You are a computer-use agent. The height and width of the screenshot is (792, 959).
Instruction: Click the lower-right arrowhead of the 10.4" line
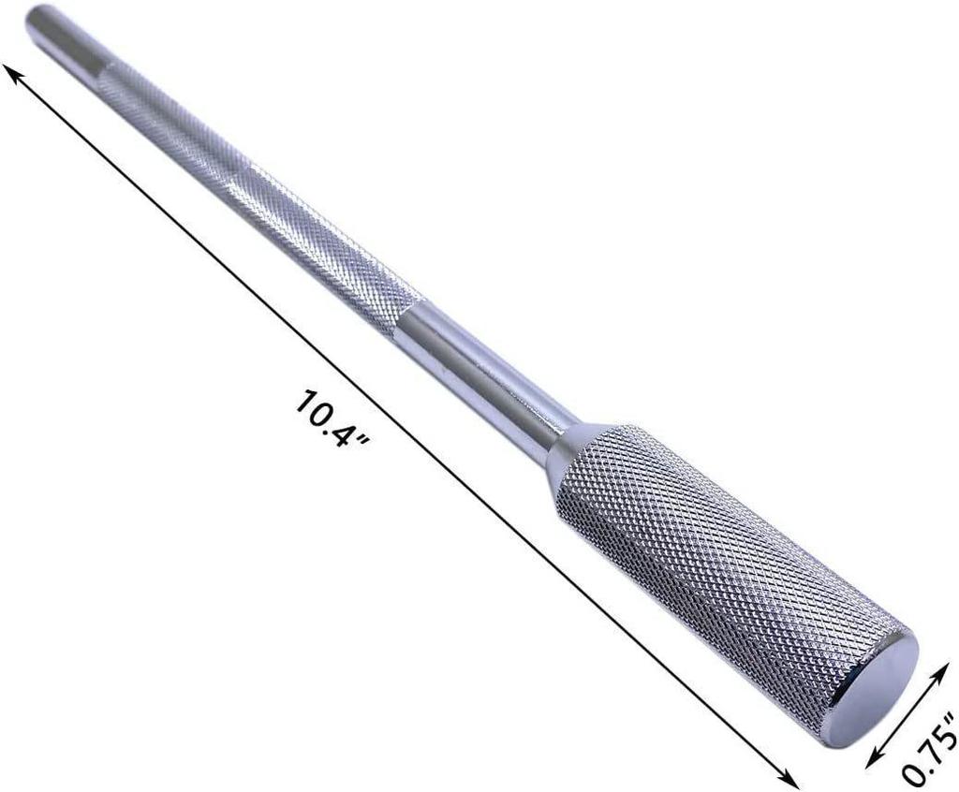789,779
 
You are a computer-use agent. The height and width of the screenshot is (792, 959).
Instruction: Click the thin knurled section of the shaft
257,197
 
